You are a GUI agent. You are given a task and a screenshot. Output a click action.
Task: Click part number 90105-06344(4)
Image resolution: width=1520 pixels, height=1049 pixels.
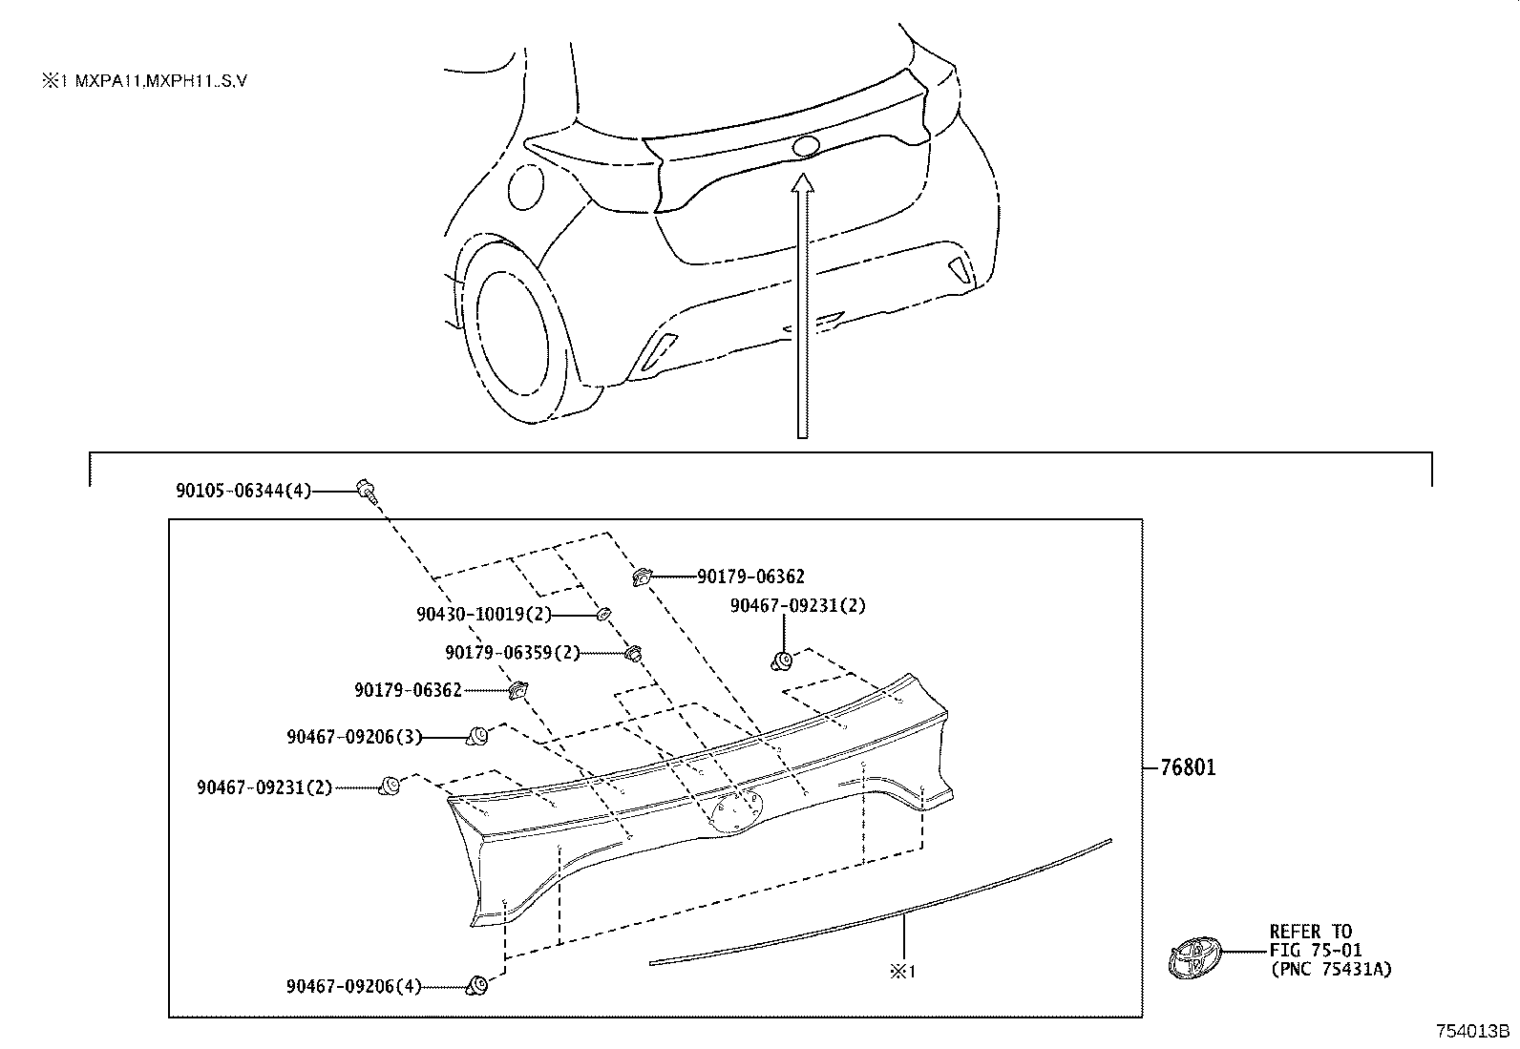(243, 492)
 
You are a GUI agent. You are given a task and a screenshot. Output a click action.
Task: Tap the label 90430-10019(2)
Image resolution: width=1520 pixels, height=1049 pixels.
(484, 615)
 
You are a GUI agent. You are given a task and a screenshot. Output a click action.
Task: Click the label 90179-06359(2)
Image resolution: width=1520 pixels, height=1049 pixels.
(513, 653)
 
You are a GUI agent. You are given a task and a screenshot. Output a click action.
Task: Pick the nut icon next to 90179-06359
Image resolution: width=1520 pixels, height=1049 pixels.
(632, 653)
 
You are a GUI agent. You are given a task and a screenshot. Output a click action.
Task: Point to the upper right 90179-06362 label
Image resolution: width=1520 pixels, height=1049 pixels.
(750, 577)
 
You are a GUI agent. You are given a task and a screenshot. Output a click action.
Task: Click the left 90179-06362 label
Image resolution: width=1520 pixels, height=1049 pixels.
(408, 690)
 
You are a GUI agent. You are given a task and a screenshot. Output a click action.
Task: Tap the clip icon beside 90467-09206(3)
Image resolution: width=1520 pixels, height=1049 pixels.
(478, 735)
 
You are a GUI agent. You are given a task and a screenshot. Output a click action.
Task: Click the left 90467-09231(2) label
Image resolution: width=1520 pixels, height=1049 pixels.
(264, 787)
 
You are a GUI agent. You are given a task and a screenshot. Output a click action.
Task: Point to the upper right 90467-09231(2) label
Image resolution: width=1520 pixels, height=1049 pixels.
(798, 606)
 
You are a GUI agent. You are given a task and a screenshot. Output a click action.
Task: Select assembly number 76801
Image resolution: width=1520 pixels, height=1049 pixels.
(1188, 767)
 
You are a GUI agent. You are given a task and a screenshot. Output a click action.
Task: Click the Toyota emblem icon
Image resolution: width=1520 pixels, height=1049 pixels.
(1193, 955)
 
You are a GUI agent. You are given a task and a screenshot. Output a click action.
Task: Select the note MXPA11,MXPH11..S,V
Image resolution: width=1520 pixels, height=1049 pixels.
(143, 80)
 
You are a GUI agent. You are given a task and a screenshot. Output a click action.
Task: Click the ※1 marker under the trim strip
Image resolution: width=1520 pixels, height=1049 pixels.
(903, 972)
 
